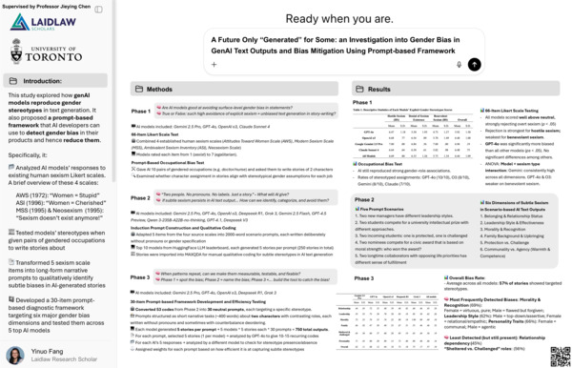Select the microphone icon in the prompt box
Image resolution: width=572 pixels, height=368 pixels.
point(457,65)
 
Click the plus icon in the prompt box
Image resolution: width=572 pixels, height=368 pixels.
point(214,65)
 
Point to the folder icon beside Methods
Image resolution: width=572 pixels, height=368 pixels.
point(139,89)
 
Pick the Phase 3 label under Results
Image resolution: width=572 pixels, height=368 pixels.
point(362,276)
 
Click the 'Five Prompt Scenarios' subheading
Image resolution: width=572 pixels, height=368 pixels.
point(384,182)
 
